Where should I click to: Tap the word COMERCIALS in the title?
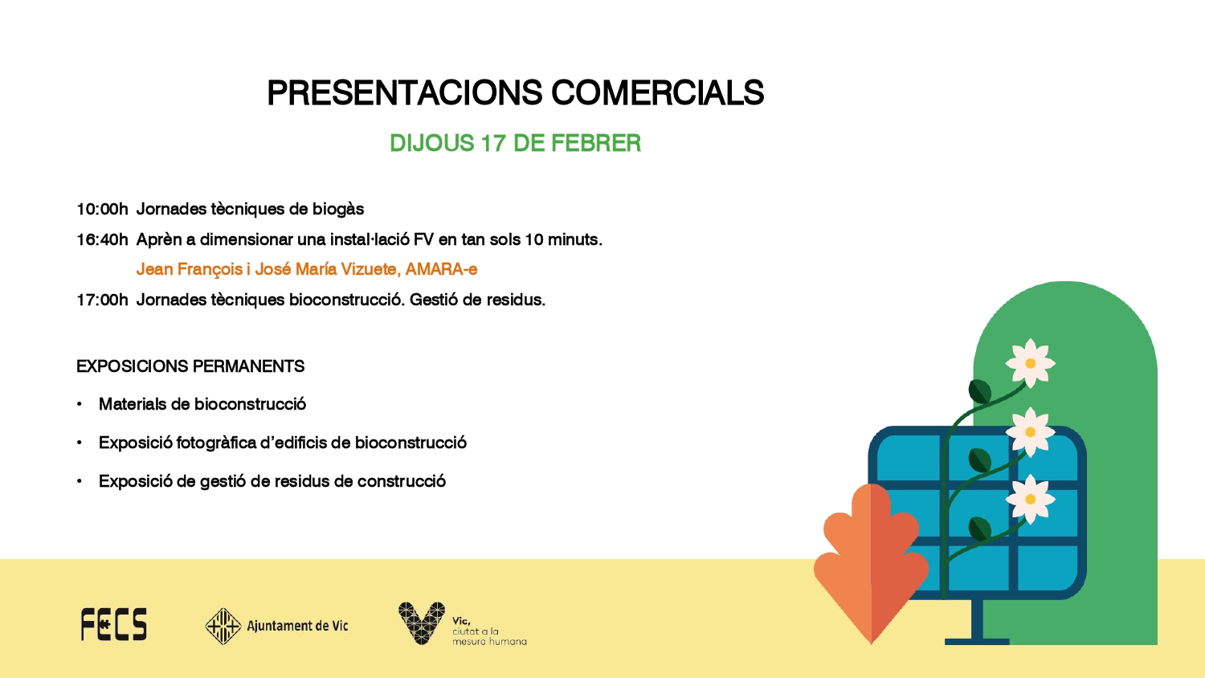point(657,92)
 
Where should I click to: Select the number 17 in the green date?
point(493,143)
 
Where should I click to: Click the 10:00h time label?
point(102,209)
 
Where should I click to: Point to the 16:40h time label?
point(102,239)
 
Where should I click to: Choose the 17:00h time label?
point(102,300)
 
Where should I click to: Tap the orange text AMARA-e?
point(441,269)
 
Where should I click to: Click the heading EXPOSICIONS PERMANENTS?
point(190,366)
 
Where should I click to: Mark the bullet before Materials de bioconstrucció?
point(80,404)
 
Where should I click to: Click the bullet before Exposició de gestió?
point(80,481)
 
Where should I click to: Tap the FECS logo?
point(113,625)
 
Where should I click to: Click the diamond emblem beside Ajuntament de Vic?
point(223,626)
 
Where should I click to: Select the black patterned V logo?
point(422,623)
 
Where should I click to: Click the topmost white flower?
point(1030,363)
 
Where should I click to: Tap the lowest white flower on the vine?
point(1030,500)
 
